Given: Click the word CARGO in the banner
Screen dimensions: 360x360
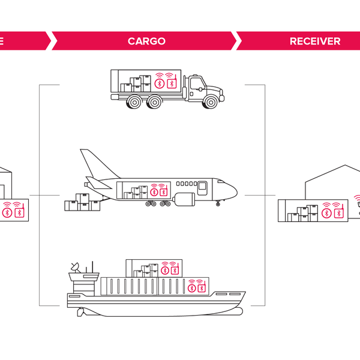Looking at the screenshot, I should pyautogui.click(x=146, y=41).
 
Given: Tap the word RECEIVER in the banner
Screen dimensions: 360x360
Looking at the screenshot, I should pyautogui.click(x=315, y=41).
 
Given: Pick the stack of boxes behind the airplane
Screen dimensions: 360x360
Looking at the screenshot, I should pyautogui.click(x=82, y=203).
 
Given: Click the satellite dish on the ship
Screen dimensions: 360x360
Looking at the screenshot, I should pyautogui.click(x=75, y=266).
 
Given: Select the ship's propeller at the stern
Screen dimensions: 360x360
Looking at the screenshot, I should pyautogui.click(x=80, y=311).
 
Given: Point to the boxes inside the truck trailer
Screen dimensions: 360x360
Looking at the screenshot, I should pyautogui.click(x=136, y=84).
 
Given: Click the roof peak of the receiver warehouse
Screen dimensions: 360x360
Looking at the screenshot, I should pyautogui.click(x=343, y=166).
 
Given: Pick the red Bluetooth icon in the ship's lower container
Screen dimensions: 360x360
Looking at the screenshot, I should pyautogui.click(x=192, y=288).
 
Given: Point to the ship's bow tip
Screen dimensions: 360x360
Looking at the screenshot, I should pyautogui.click(x=245, y=293).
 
